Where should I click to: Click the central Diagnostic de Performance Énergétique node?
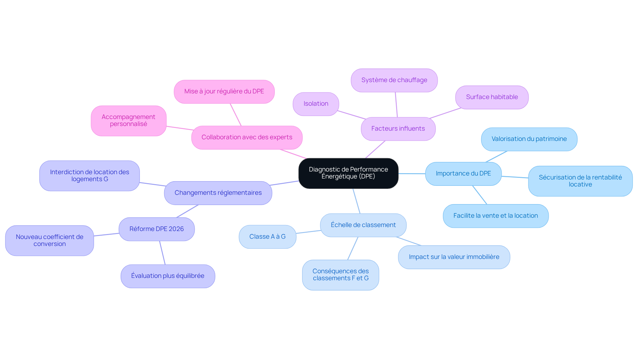coord(348,173)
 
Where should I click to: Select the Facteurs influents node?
coord(398,129)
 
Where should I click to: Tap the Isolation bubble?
coord(316,104)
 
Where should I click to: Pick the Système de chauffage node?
coord(394,80)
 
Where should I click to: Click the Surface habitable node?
coord(492,97)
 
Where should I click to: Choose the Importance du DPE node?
coord(463,174)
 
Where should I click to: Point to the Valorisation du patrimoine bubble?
coord(529,139)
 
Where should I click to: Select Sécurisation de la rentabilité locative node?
coord(580,181)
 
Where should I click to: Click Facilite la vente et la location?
coord(495,216)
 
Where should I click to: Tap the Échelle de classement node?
coord(363,225)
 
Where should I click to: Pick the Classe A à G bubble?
coord(267,237)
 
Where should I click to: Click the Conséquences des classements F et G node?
coord(341,275)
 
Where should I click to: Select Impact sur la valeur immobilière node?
coord(454,257)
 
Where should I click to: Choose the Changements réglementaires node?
coord(218,193)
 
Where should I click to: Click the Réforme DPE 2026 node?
coord(157,229)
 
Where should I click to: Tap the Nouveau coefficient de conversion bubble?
coord(50,241)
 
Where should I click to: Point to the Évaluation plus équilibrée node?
coord(168,276)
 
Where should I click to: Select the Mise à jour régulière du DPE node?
coord(224,92)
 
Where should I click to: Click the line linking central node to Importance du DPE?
coord(412,174)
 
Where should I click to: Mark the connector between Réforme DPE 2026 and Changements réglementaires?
coord(187,211)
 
